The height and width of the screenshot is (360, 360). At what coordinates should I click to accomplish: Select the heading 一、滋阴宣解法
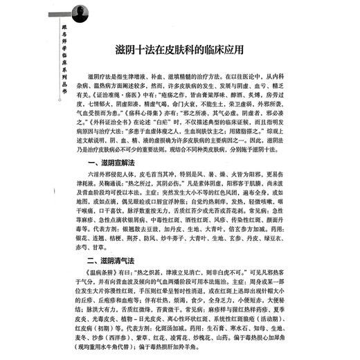[111, 179]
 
